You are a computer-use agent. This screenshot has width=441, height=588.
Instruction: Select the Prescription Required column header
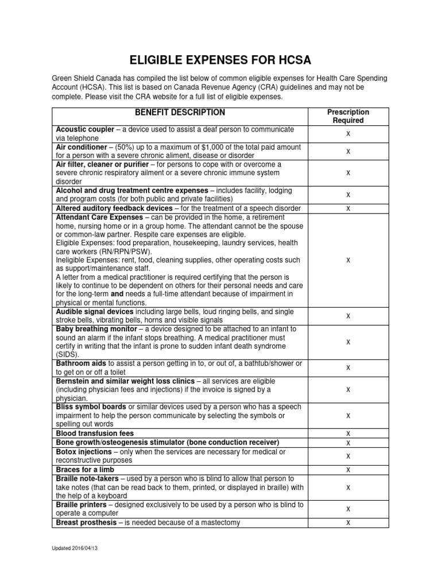tap(348, 117)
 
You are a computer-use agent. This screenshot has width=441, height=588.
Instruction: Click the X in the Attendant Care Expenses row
tap(348, 260)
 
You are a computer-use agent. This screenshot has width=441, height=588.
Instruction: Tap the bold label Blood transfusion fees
tap(94, 432)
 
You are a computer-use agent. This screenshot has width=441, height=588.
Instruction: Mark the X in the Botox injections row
tap(348, 456)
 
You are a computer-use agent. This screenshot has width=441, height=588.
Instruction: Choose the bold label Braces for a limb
tap(85, 469)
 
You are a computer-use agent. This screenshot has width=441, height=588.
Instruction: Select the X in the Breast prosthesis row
tap(348, 522)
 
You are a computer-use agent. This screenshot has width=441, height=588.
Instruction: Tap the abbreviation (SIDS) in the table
tap(67, 355)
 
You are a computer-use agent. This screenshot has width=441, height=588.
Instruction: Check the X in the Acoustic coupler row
tap(348, 134)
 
